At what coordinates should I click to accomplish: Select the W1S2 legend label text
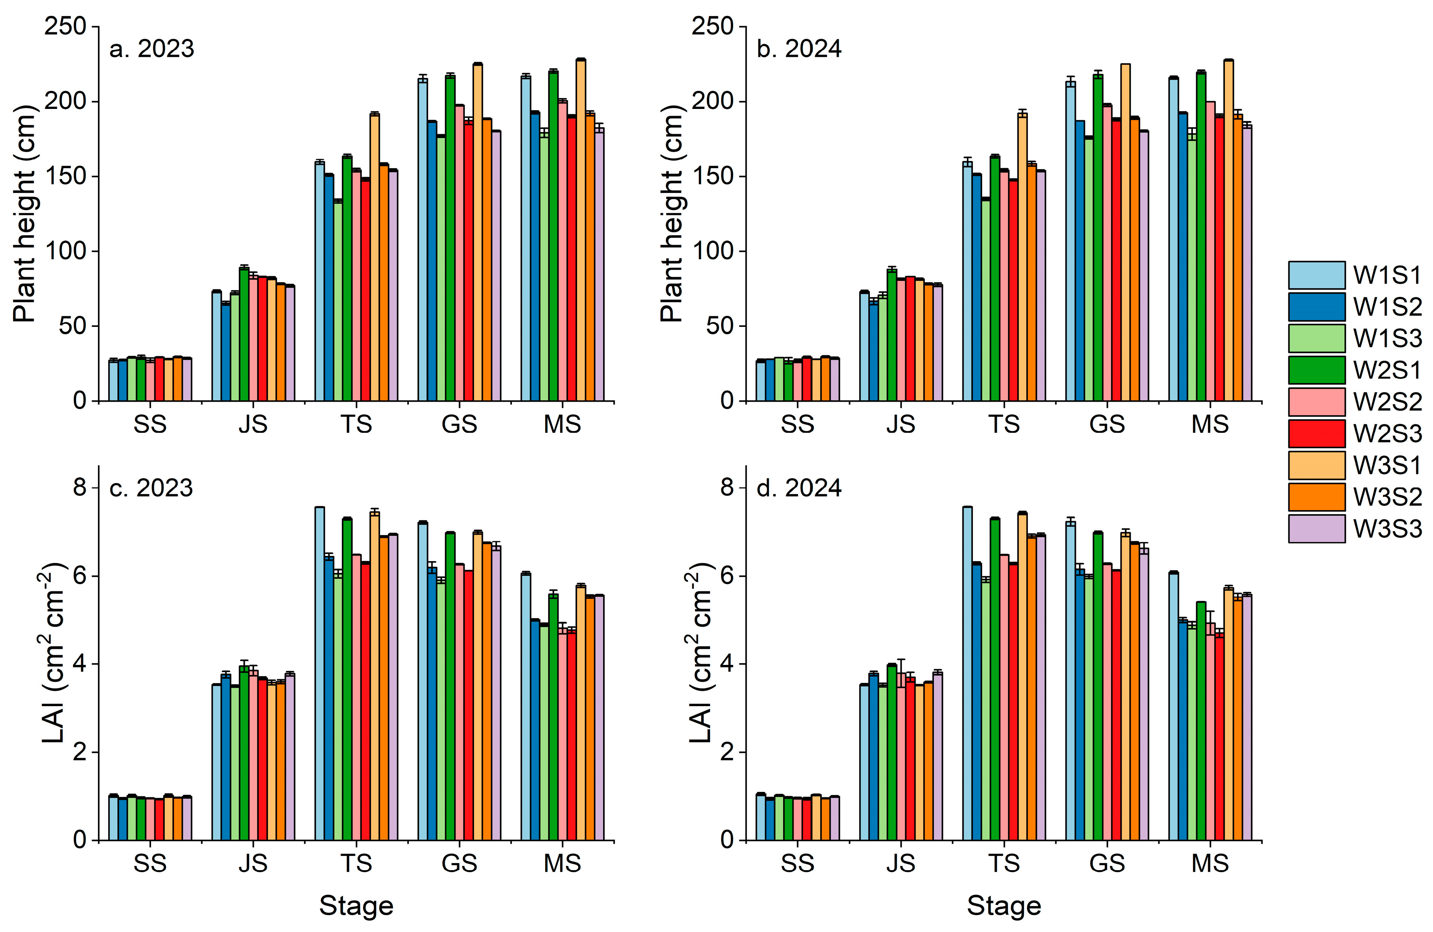(x=1387, y=307)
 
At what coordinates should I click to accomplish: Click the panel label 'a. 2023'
(x=152, y=49)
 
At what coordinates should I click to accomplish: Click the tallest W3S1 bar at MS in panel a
(x=580, y=229)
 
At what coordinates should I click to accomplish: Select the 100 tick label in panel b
(x=712, y=251)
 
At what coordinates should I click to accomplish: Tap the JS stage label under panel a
(x=253, y=424)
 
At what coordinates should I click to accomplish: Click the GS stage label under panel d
(x=1107, y=863)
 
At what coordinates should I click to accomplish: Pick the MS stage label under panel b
(x=1210, y=424)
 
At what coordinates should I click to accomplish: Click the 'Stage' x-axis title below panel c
(x=356, y=906)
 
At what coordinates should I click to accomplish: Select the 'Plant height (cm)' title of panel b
(x=672, y=214)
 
